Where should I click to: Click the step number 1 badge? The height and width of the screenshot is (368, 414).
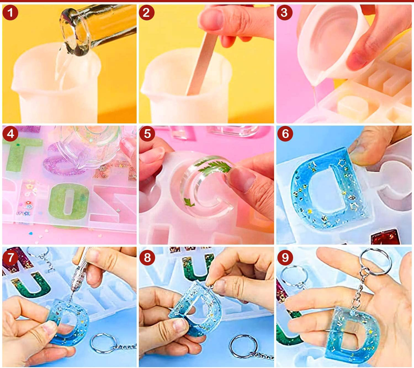coord(10,12)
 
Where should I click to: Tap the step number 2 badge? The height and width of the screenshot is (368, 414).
coord(147,12)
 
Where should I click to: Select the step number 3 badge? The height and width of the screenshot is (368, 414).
coord(284,12)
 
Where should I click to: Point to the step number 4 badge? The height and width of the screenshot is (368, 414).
coord(10,134)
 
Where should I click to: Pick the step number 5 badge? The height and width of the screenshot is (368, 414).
coord(147,134)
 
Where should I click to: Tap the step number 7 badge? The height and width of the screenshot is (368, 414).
coord(10,258)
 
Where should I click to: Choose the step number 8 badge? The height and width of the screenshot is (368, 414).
coord(147,258)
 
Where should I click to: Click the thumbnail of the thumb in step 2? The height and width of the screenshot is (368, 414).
coord(211,19)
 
